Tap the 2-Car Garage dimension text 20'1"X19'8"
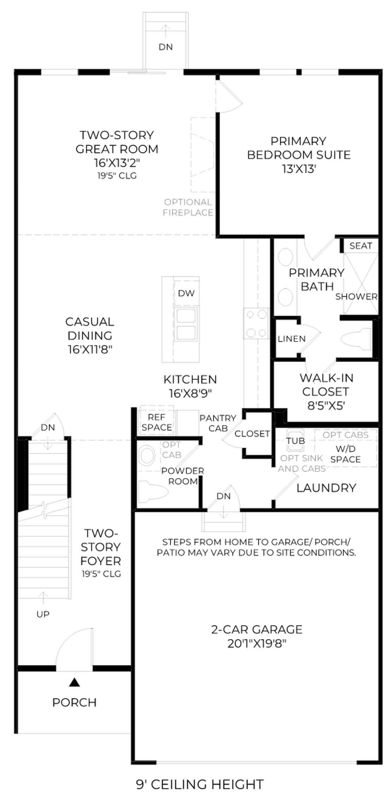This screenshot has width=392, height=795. (257, 643)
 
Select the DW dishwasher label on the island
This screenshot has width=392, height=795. (186, 293)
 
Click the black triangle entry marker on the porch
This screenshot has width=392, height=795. (74, 682)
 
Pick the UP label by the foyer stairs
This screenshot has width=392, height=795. (43, 614)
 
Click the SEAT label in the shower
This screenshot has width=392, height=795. (361, 246)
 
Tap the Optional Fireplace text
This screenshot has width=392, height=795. (188, 207)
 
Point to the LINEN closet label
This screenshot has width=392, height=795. (292, 339)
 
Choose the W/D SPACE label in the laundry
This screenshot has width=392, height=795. (345, 454)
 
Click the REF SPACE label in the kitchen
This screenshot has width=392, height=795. (157, 422)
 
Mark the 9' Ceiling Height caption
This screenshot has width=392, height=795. (200, 784)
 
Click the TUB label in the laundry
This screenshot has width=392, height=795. (296, 441)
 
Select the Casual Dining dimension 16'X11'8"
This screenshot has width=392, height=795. (90, 349)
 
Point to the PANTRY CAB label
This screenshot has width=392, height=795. (218, 423)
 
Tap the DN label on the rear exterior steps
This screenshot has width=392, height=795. (166, 47)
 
